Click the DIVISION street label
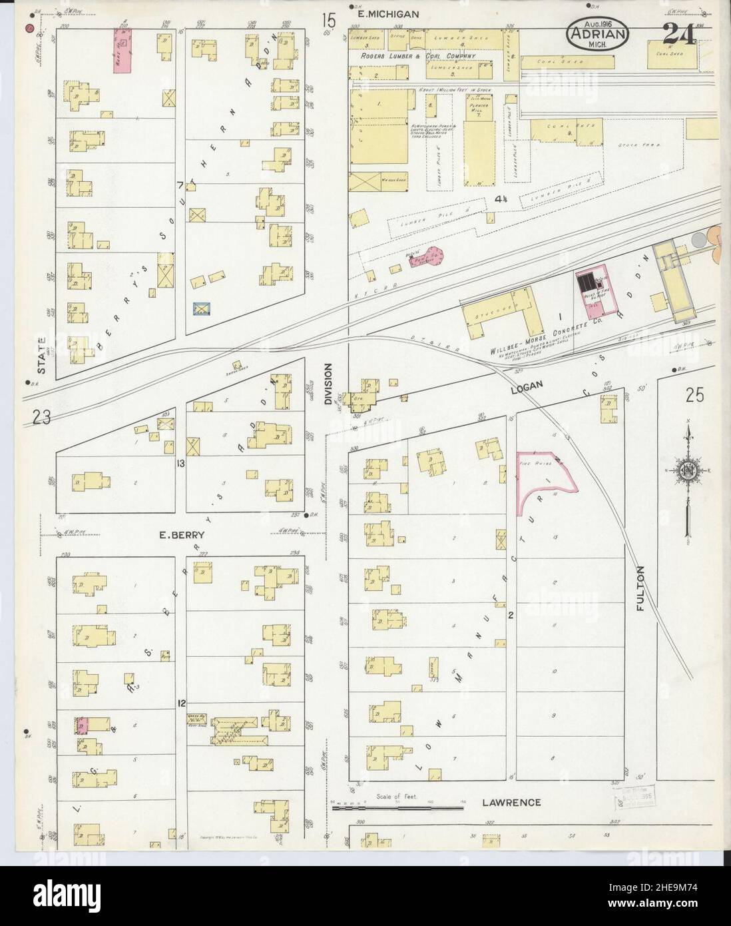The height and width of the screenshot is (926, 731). [328, 384]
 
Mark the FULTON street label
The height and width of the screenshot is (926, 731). [641, 584]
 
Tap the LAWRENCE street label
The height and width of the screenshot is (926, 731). [511, 803]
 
